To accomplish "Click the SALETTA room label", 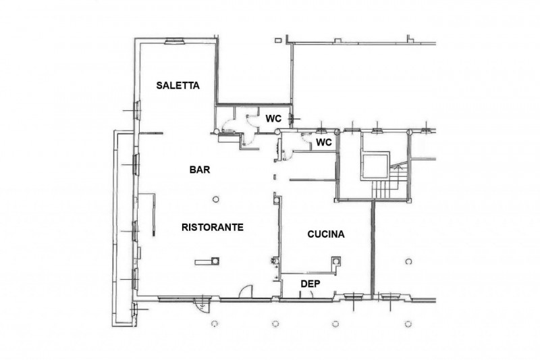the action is click(178, 85).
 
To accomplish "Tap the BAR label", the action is click(200, 170).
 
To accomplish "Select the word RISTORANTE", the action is click(213, 228).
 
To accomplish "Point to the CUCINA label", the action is click(326, 234).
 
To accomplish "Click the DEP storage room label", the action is click(310, 284).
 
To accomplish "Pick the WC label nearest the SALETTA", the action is click(273, 119).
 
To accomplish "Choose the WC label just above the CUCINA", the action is click(324, 142).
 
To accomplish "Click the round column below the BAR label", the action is click(215, 199).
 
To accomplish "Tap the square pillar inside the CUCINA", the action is click(336, 261).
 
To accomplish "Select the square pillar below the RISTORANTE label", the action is click(215, 261).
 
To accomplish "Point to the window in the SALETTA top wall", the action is click(175, 41).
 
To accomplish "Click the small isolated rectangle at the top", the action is click(278, 41).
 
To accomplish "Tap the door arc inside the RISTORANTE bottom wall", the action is click(246, 292).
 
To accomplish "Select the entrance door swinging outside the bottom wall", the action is click(202, 305).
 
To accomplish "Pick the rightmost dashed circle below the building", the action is click(408, 324).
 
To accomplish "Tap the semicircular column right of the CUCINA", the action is click(409, 261).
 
